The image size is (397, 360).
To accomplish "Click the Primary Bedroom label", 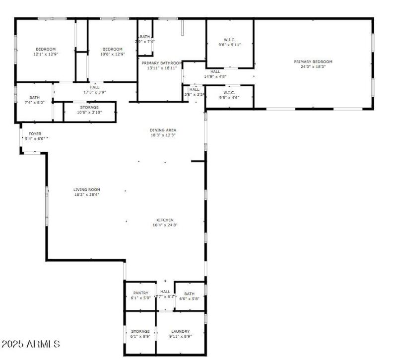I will pyautogui.click(x=313, y=61).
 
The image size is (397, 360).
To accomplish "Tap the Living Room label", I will pyautogui.click(x=87, y=189).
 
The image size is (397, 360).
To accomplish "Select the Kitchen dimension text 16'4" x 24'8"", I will pyautogui.click(x=165, y=225).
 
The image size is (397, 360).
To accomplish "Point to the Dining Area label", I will pyautogui.click(x=163, y=130).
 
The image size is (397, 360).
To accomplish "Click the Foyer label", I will pyautogui.click(x=35, y=134).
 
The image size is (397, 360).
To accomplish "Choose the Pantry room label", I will pyautogui.click(x=140, y=293).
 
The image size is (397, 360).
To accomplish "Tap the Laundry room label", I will pyautogui.click(x=180, y=331).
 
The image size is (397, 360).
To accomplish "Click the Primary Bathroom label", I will pyautogui.click(x=161, y=63).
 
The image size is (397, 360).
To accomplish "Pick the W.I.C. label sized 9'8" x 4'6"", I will pyautogui.click(x=229, y=92).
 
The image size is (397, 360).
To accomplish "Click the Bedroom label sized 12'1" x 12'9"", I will pyautogui.click(x=46, y=49).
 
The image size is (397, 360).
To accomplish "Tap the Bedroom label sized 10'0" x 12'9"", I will pyautogui.click(x=113, y=49).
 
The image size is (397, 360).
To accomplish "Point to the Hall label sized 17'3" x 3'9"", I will pyautogui.click(x=94, y=87).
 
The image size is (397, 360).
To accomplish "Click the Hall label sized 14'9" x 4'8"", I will pyautogui.click(x=215, y=71).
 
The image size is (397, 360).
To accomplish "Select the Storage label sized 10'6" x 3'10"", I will pyautogui.click(x=89, y=107).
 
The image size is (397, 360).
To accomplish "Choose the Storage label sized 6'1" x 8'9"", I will pyautogui.click(x=140, y=331).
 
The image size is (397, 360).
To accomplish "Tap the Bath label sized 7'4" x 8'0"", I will pyautogui.click(x=34, y=98).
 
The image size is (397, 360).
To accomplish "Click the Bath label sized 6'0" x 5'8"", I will pyautogui.click(x=189, y=294).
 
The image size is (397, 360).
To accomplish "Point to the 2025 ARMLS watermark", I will pyautogui.click(x=31, y=344).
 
